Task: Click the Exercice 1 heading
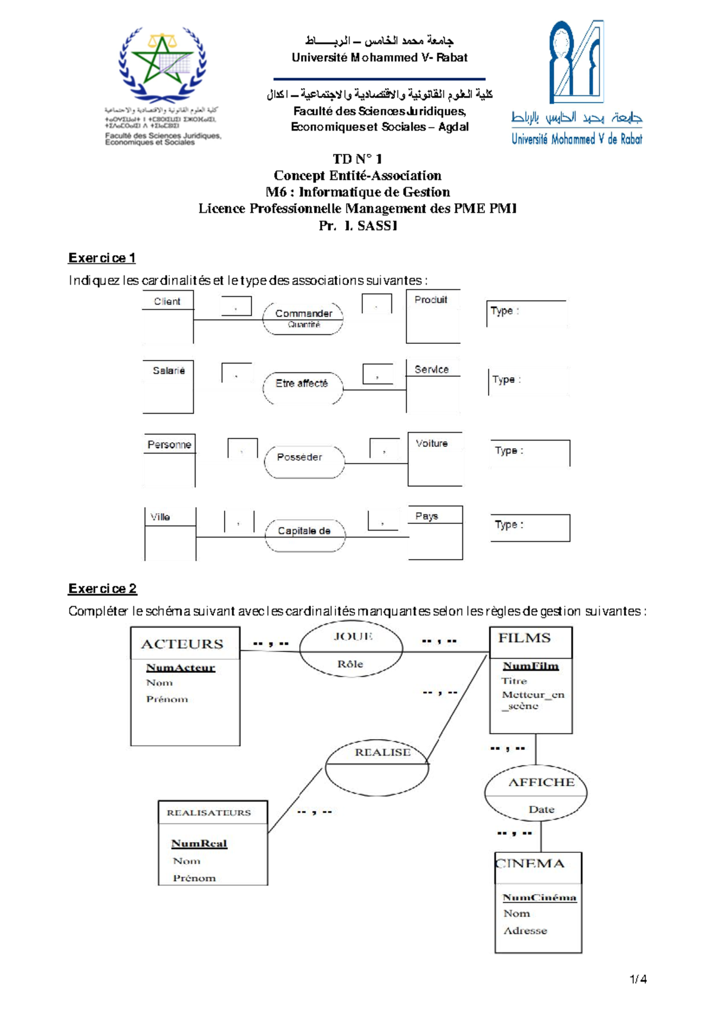[102, 258]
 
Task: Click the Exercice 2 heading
[102, 589]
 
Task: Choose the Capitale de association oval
[304, 531]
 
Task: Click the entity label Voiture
[432, 443]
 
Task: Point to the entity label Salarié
[169, 371]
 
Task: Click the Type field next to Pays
[530, 527]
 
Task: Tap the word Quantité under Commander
[304, 325]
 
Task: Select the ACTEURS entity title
[182, 644]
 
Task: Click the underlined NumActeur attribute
[181, 668]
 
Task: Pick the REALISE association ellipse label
[383, 753]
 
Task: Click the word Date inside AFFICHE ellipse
[541, 809]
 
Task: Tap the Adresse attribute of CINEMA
[525, 931]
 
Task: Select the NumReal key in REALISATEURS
[199, 843]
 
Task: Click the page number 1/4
[638, 979]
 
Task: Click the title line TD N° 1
[357, 159]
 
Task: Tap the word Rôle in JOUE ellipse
[350, 664]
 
